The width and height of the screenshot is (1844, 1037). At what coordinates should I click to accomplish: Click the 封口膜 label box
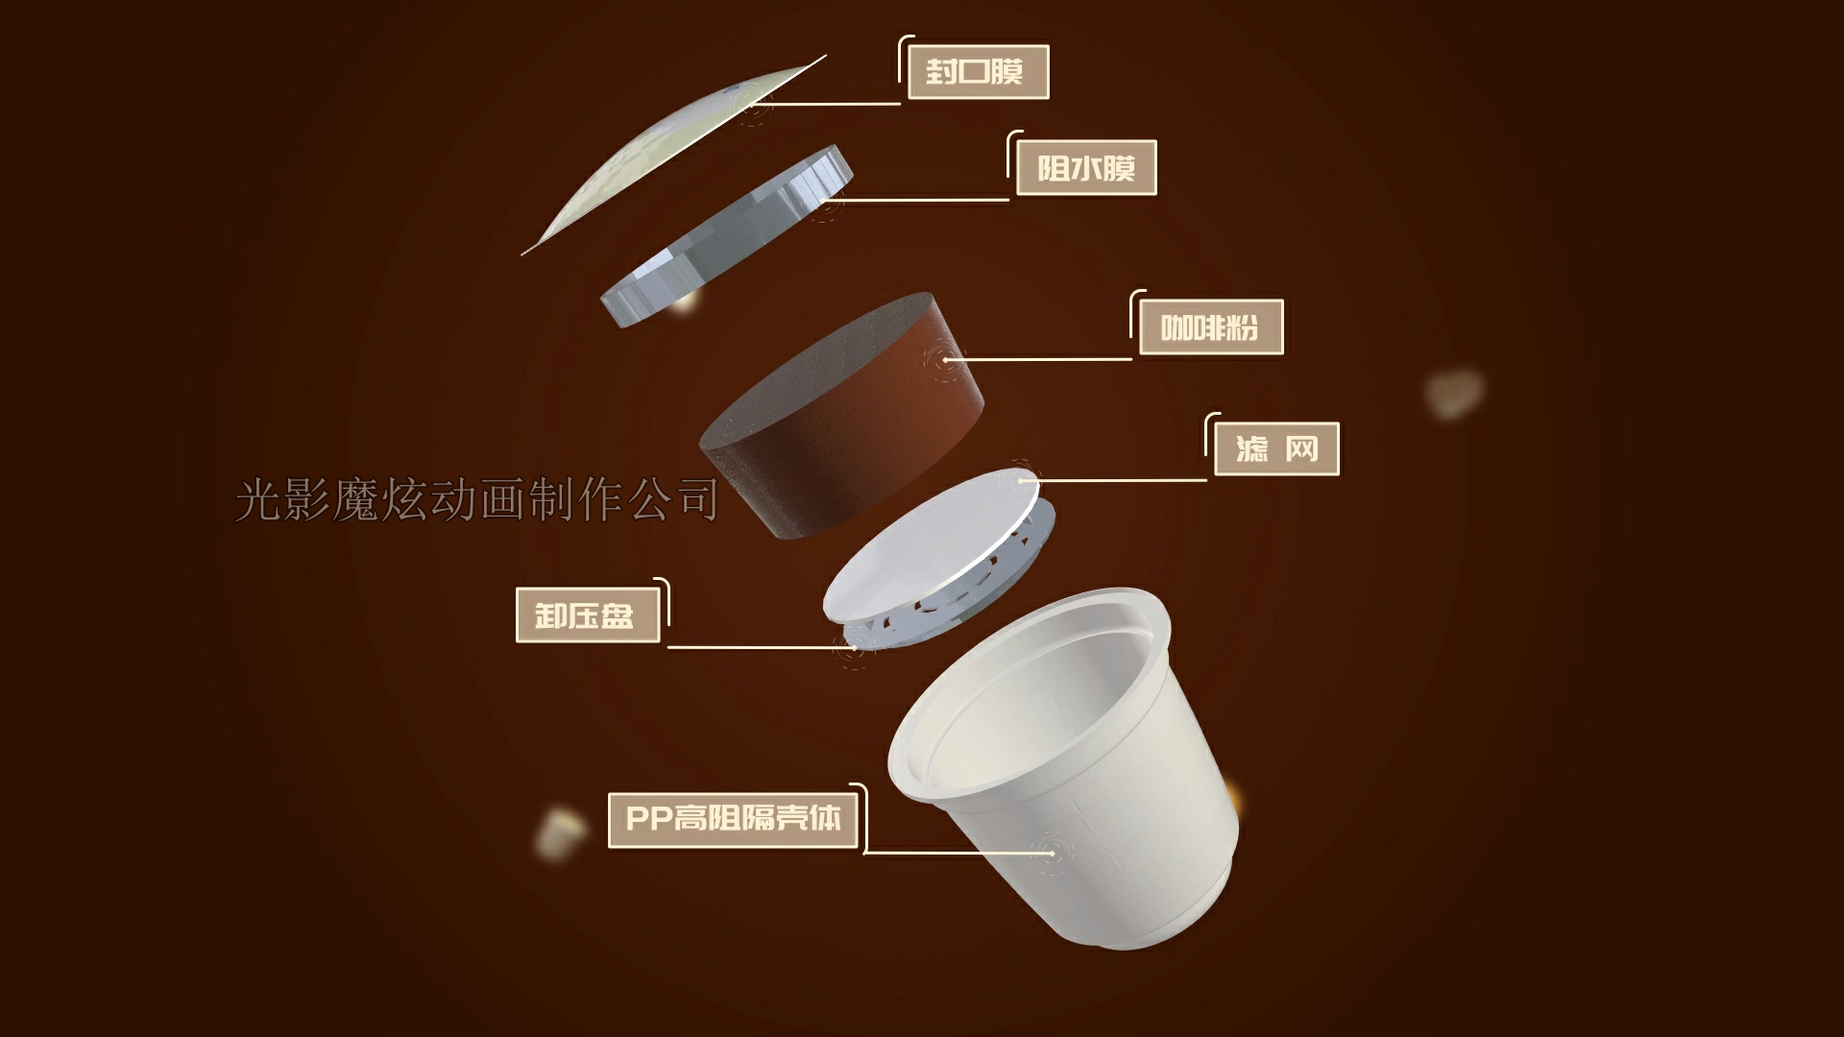(978, 72)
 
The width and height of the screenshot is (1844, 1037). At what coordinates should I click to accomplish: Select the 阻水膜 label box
(1085, 168)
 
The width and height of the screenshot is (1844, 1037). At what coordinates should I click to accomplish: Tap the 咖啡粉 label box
(1210, 327)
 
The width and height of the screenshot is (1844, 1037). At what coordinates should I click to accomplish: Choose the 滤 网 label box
(1276, 448)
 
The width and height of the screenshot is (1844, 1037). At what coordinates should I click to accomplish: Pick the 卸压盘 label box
(588, 615)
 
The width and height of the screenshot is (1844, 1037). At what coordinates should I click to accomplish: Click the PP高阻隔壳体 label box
(733, 818)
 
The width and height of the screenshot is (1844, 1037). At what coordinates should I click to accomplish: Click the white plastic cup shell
(1066, 768)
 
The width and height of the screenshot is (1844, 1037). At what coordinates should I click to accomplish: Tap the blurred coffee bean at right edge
(1454, 392)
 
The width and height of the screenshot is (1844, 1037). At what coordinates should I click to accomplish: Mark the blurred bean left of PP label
(559, 832)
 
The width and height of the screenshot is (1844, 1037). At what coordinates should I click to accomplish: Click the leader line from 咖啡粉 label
(1037, 360)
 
